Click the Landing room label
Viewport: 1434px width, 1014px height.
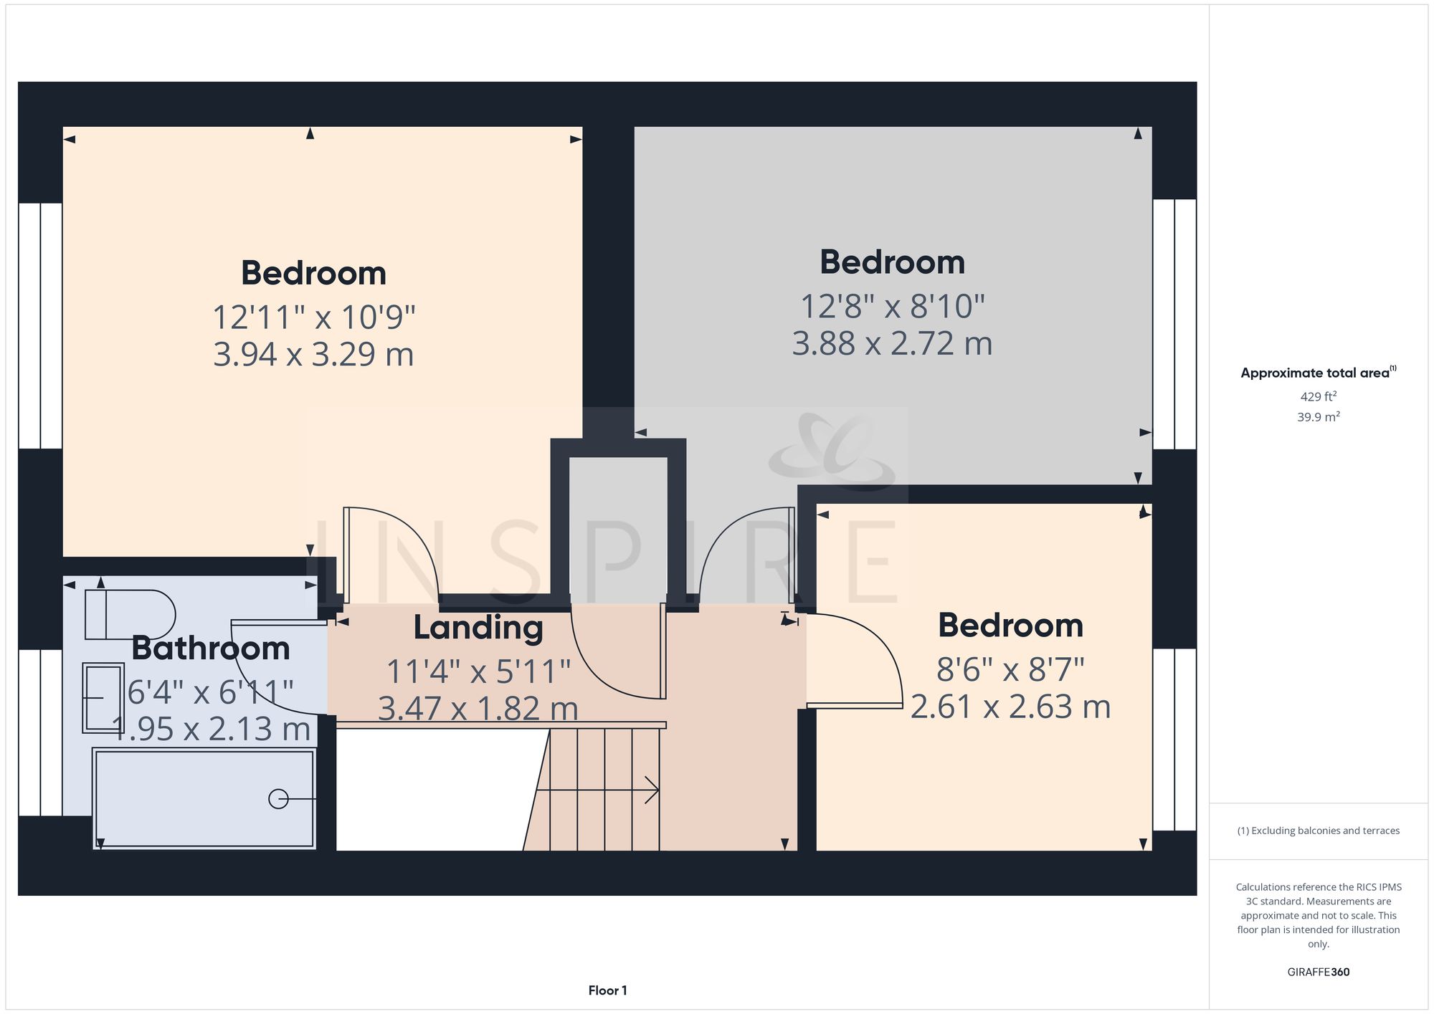click(x=478, y=628)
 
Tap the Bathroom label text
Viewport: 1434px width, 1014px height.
click(x=211, y=649)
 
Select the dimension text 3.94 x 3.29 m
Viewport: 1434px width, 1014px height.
click(x=313, y=355)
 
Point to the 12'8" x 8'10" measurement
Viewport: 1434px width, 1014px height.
click(x=892, y=306)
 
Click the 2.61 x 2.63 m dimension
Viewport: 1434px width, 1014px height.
click(x=1010, y=707)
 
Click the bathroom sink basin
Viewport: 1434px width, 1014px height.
click(x=103, y=698)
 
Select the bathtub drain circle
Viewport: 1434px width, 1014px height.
click(x=278, y=798)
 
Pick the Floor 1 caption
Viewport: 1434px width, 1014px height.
click(x=607, y=990)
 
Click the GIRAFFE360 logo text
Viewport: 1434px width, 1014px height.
click(x=1318, y=972)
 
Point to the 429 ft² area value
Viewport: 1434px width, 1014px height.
click(x=1318, y=396)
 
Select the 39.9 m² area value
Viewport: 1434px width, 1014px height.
click(x=1318, y=416)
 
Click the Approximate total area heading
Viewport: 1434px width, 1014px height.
click(x=1318, y=373)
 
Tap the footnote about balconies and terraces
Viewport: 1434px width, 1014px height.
click(x=1318, y=831)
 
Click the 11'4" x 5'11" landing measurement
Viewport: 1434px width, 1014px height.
click(x=478, y=671)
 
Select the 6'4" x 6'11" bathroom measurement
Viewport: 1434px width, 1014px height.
click(x=211, y=692)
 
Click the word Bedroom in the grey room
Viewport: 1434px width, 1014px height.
click(x=892, y=262)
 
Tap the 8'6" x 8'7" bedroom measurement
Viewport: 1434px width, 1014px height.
click(x=1010, y=670)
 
